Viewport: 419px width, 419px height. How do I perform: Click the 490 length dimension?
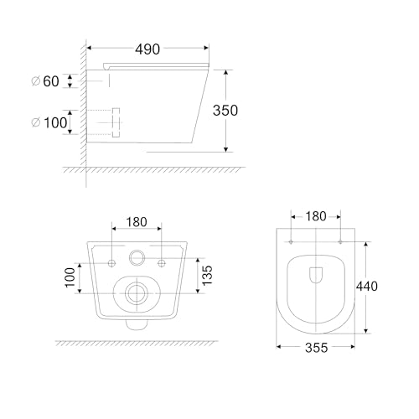pos(147,49)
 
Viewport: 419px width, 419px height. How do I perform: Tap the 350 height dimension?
pos(225,111)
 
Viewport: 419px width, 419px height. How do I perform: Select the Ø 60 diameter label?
pos(45,81)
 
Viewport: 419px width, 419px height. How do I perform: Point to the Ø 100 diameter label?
pos(49,122)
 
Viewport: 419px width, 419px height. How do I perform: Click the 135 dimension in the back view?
pos(207,276)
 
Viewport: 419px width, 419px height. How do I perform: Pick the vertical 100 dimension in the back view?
pos(70,277)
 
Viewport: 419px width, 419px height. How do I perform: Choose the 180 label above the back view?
pos(137,222)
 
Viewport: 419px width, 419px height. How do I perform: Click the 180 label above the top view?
pos(316,216)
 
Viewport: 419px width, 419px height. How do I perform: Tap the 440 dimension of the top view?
pos(367,287)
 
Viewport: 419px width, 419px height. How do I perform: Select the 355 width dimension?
pos(316,348)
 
